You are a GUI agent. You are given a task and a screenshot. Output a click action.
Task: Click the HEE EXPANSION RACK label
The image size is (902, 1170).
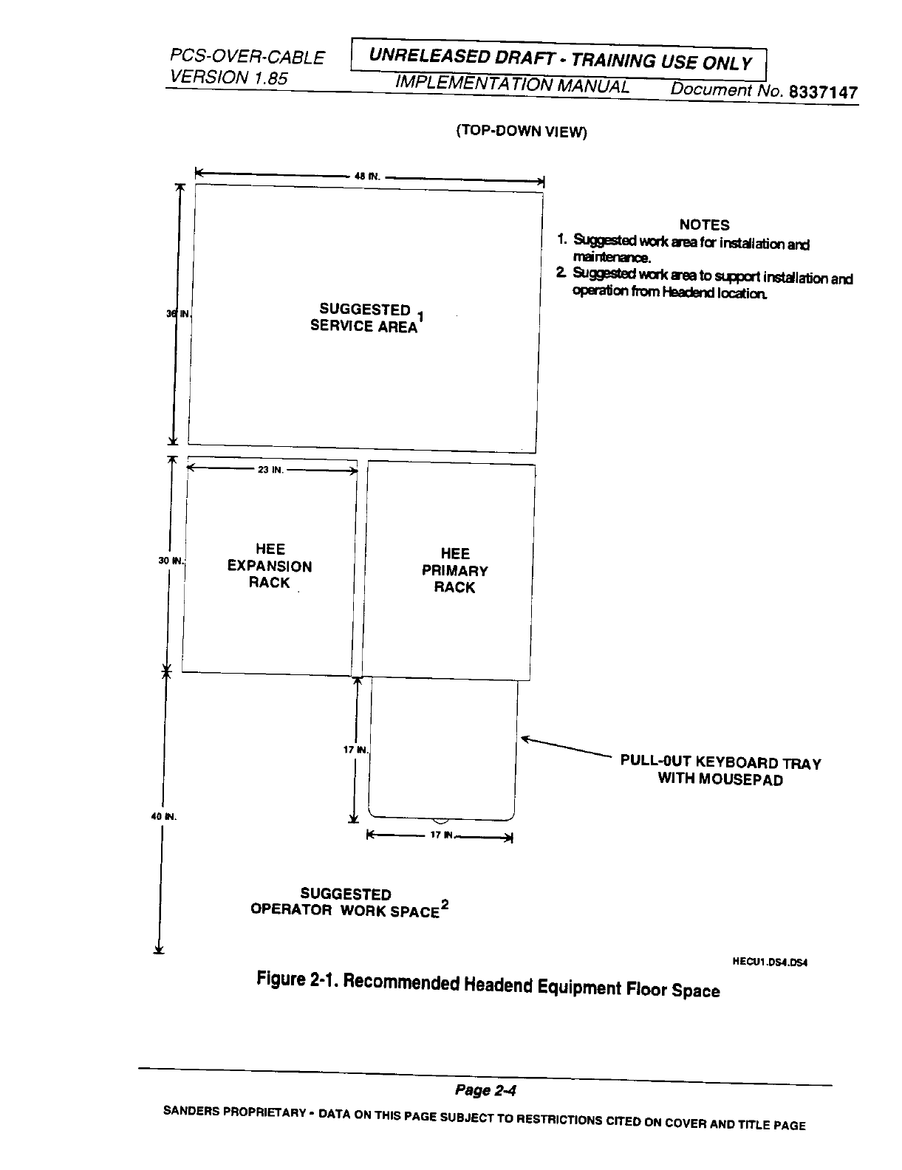(270, 566)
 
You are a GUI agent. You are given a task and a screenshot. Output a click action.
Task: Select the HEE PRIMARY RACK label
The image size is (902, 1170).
(455, 570)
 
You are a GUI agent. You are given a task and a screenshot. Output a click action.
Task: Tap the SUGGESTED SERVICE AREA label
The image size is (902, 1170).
(363, 318)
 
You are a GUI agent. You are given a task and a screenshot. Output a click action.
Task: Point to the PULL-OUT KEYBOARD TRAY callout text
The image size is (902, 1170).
(720, 771)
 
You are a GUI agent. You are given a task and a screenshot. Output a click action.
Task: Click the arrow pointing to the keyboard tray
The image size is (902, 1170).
(565, 746)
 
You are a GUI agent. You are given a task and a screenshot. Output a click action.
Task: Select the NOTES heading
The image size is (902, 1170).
(704, 225)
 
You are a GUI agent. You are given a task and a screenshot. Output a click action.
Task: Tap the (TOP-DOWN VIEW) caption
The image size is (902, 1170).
(521, 132)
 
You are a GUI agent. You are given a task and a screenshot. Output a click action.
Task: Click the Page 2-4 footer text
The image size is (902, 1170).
(485, 1090)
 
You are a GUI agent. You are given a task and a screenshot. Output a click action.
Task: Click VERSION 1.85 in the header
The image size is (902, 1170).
(228, 77)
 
